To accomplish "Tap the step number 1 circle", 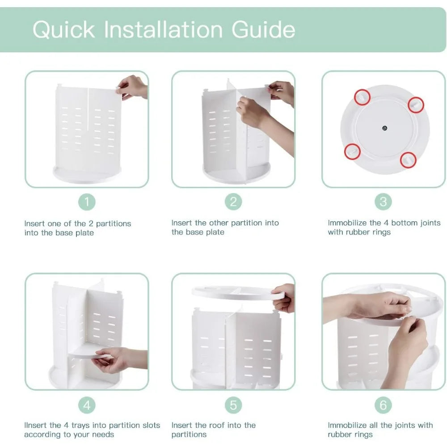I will coord(87,202).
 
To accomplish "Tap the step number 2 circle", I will coord(233,202).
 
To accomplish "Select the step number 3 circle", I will coord(383,202).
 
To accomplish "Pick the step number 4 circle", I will coord(87,405).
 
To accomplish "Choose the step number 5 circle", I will coord(233,405).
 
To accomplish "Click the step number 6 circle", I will coord(383,405).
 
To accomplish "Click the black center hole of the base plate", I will coord(385,128).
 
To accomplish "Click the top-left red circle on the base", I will coord(362,96).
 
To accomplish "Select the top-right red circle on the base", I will coord(416,105).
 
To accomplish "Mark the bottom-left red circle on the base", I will coord(352,152).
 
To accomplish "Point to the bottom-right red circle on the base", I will coord(408,159).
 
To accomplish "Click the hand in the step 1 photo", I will coord(132,87).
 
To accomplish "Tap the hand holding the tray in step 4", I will coord(112,360).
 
